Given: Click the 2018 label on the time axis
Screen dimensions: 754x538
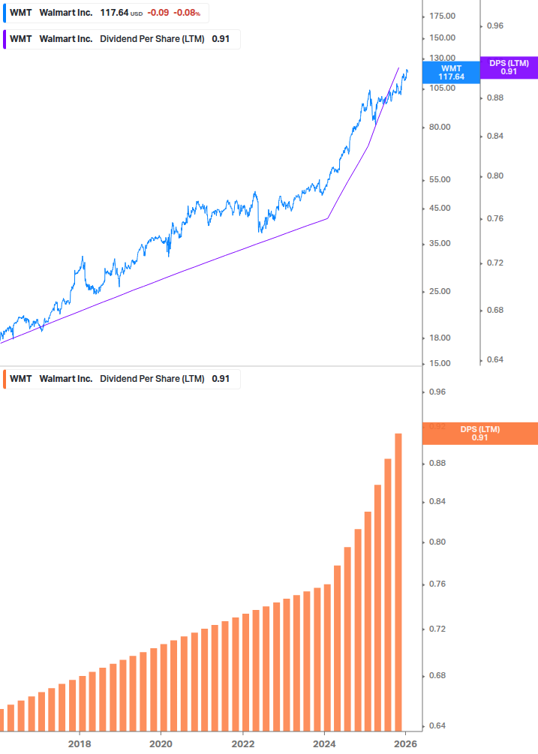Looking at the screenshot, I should click(80, 744).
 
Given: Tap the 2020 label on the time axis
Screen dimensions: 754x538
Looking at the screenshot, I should click(161, 744).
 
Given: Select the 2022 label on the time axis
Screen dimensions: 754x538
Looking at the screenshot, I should click(242, 744).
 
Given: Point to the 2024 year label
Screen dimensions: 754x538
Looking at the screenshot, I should click(324, 744).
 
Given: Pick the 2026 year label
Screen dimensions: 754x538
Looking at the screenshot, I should click(405, 744).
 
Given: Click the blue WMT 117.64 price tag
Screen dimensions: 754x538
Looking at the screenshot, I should click(451, 72).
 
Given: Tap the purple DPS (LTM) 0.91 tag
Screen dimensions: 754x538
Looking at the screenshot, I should click(509, 68).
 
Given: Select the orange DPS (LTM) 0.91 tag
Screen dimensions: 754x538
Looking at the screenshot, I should click(480, 434).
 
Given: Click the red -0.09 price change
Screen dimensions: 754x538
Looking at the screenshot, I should click(157, 13).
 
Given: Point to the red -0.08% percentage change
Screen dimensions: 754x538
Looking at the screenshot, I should click(187, 13).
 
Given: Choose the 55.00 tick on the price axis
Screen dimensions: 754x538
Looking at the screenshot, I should click(440, 180).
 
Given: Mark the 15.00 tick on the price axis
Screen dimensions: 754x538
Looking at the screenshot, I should click(440, 364).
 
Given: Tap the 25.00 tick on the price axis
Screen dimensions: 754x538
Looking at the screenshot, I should click(440, 292).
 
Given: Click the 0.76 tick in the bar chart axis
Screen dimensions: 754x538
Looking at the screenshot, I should click(437, 584).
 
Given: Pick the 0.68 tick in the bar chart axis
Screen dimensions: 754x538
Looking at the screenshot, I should click(437, 676).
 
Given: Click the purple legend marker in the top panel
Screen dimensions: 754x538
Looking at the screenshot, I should click(5, 39).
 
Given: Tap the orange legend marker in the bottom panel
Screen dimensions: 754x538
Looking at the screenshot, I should click(5, 379).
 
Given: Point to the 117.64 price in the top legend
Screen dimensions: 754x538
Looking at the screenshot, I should click(114, 13).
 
